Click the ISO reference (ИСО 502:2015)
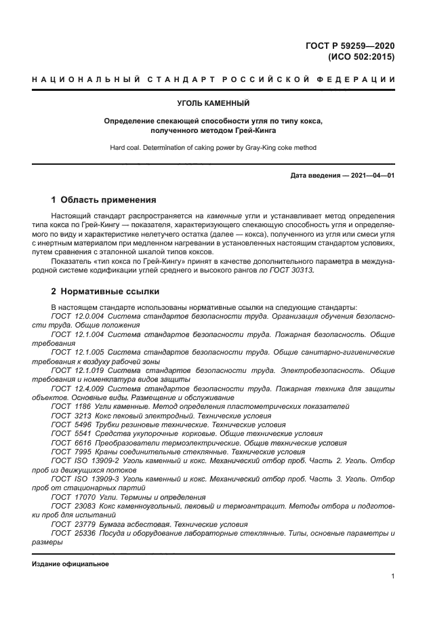360,57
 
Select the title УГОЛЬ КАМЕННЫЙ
213,104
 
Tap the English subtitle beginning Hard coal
213,147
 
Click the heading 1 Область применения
104,200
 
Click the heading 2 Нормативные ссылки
105,292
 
